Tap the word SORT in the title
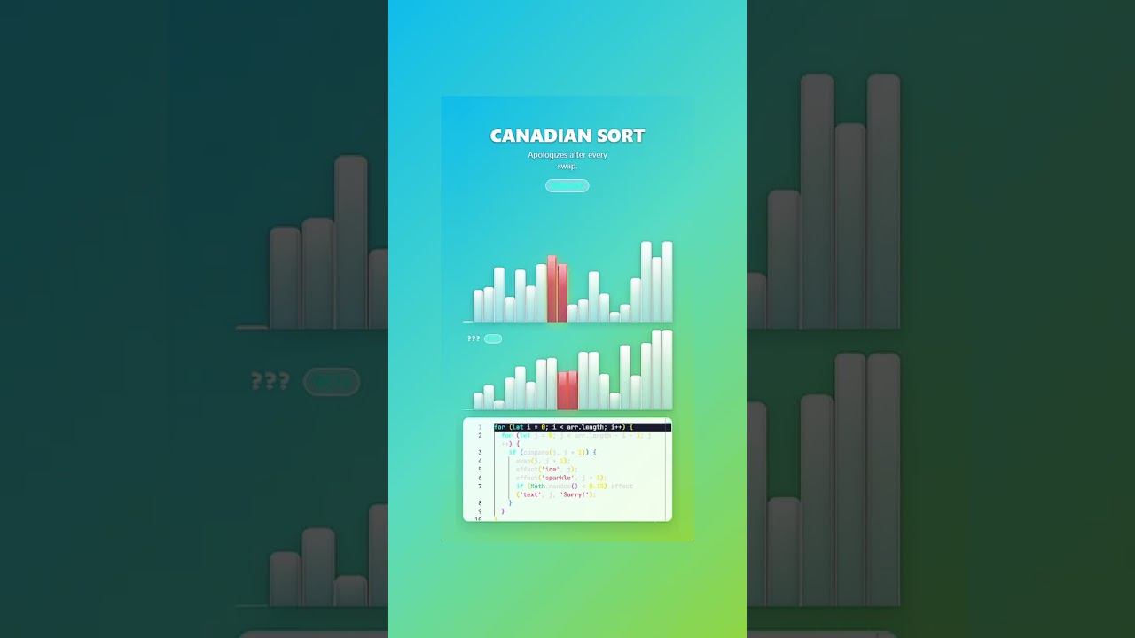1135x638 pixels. point(621,136)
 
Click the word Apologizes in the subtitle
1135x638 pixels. point(547,155)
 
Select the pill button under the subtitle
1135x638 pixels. point(567,185)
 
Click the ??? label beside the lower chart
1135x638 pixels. point(474,339)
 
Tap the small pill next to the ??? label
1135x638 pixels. point(493,339)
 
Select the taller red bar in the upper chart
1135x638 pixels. point(552,289)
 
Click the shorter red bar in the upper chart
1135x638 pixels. point(562,293)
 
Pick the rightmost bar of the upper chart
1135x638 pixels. point(667,282)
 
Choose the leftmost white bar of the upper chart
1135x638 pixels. point(478,306)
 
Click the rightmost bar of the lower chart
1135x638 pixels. point(667,370)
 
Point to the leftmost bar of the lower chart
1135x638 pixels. point(478,401)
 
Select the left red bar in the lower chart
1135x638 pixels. point(562,391)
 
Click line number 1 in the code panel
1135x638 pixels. point(480,427)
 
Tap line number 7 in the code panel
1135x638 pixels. point(480,486)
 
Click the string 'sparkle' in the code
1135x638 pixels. point(558,478)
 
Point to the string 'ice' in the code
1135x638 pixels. point(552,470)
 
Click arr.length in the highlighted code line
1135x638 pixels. point(587,427)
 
